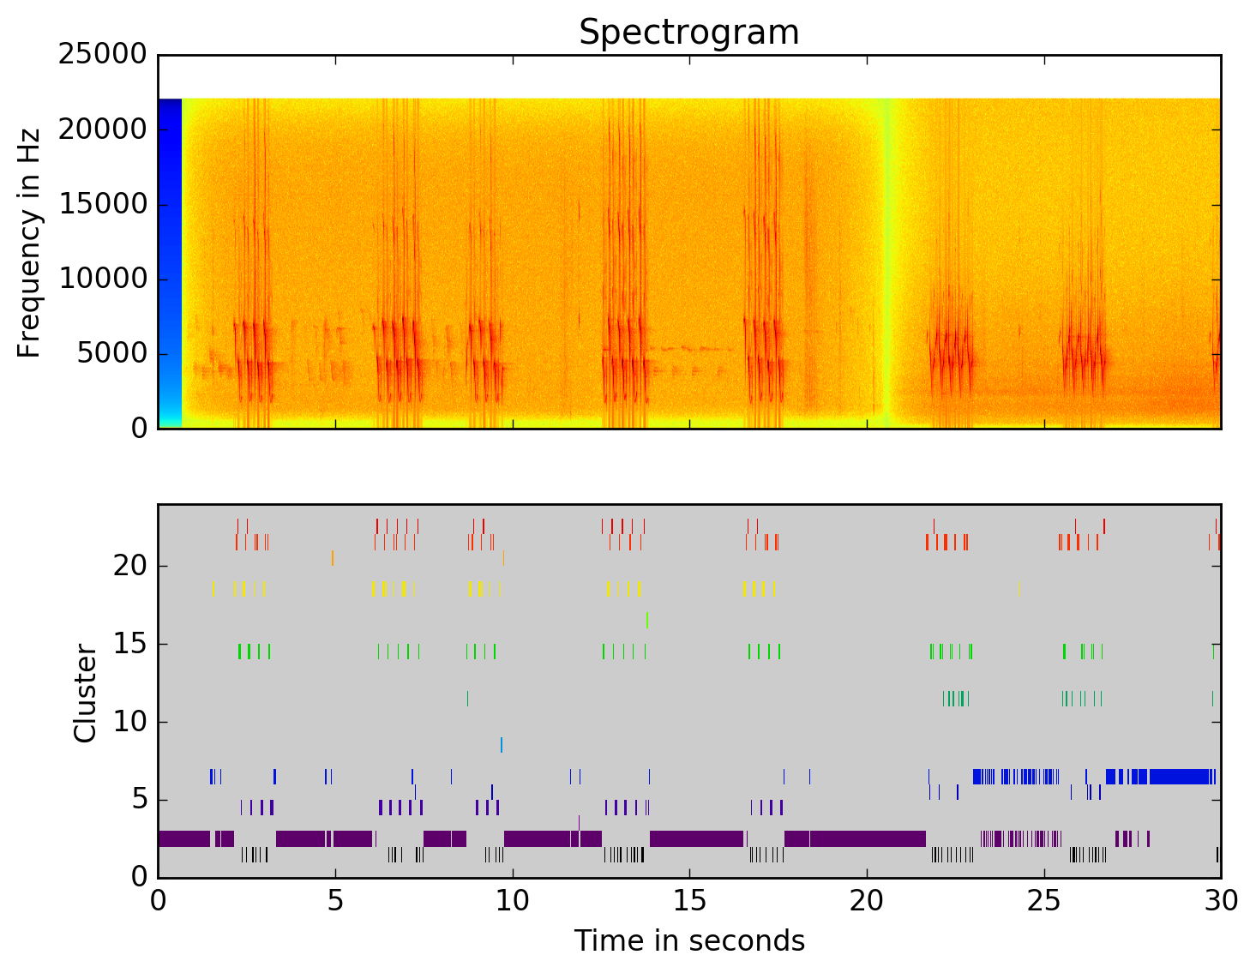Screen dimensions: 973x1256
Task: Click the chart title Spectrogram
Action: [x=688, y=33]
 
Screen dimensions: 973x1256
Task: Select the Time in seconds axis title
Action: [x=689, y=941]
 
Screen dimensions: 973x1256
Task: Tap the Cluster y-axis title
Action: [x=86, y=693]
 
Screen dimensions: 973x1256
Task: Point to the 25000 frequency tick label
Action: [x=102, y=55]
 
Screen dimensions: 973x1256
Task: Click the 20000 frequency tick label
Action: [x=102, y=129]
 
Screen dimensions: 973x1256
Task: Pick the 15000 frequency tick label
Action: [x=102, y=204]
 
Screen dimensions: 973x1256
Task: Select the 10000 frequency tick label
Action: [x=102, y=279]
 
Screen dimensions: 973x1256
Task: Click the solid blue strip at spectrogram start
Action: [x=170, y=257]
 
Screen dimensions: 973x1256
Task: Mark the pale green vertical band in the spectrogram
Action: [x=887, y=257]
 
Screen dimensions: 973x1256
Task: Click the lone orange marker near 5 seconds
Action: [x=333, y=558]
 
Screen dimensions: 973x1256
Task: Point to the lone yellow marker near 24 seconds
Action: [x=1019, y=588]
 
